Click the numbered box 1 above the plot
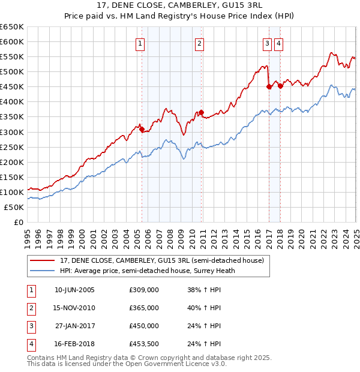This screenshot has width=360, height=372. pyautogui.click(x=140, y=43)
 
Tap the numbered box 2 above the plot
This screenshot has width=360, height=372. pyautogui.click(x=199, y=43)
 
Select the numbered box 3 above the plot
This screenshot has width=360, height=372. pyautogui.click(x=266, y=43)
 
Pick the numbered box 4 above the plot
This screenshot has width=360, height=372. pyautogui.click(x=279, y=43)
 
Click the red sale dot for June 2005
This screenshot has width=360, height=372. pyautogui.click(x=142, y=129)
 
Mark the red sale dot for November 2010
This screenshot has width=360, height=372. pyautogui.click(x=201, y=112)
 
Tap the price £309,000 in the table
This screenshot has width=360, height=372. pyautogui.click(x=144, y=290)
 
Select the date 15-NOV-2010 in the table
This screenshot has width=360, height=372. pyautogui.click(x=74, y=308)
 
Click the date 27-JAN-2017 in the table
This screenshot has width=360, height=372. pyautogui.click(x=74, y=326)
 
